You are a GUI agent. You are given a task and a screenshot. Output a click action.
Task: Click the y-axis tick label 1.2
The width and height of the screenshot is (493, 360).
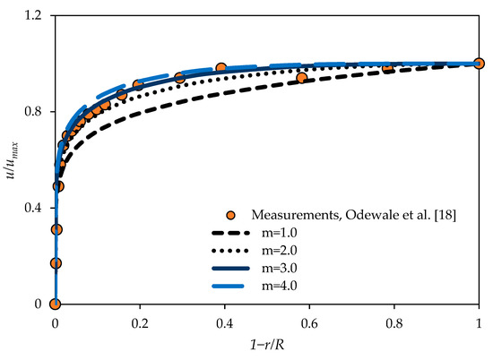(36, 16)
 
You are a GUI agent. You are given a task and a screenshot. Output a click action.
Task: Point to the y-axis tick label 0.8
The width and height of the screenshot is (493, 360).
(36, 112)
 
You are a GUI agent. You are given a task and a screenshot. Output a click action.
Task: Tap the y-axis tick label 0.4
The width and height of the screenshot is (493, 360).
(36, 209)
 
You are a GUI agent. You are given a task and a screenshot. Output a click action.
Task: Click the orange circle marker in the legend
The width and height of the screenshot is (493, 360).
(231, 216)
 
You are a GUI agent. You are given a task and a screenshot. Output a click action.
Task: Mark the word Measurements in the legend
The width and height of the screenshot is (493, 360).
(292, 216)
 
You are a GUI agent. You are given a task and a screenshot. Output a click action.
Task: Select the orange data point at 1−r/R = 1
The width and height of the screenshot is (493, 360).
(479, 64)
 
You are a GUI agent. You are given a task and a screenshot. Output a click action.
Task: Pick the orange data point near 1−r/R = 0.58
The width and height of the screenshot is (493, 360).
(301, 78)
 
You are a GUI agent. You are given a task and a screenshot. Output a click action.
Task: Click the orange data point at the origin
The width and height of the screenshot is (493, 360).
(56, 304)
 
